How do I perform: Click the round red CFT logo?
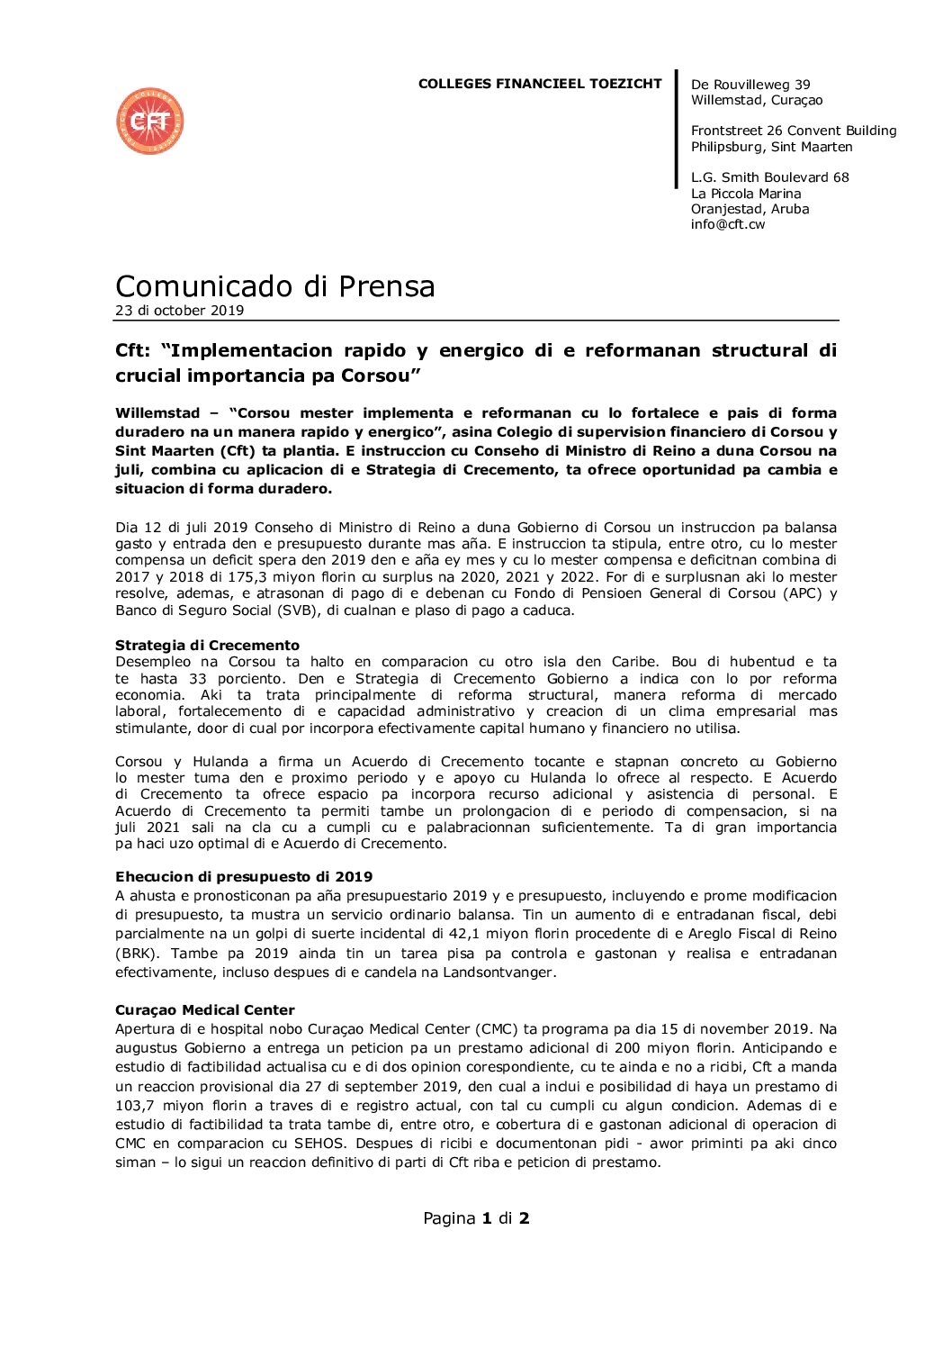150,121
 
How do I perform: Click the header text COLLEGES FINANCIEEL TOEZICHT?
539,84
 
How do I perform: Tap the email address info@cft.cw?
727,224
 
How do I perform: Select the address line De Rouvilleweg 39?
750,85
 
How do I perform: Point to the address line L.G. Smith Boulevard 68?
769,177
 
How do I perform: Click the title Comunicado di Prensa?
274,286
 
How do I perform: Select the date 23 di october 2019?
179,311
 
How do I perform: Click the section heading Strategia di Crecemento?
207,645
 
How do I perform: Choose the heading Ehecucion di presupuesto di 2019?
243,876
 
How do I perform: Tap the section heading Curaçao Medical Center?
204,1009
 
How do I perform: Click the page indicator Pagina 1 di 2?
476,1218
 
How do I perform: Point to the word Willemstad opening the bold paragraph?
157,413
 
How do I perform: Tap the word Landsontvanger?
498,973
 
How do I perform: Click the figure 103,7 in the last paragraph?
134,1106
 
